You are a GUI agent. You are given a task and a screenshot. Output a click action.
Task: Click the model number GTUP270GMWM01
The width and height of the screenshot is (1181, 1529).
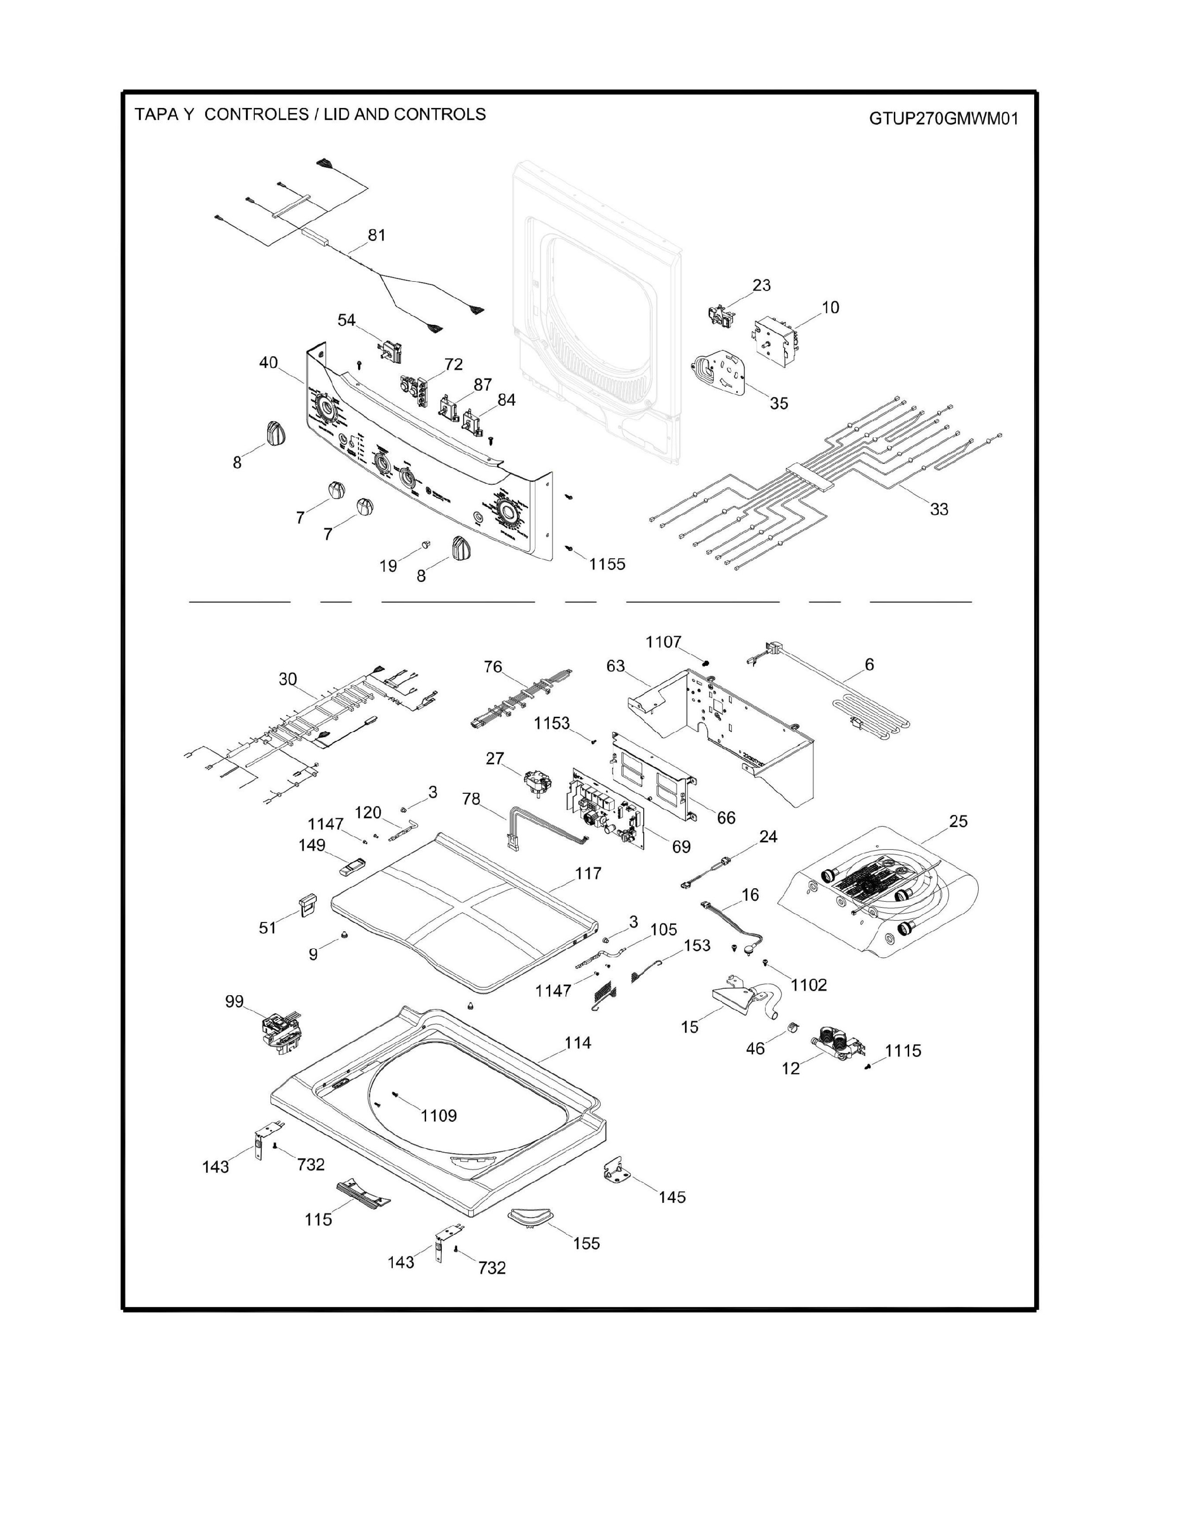coord(943,118)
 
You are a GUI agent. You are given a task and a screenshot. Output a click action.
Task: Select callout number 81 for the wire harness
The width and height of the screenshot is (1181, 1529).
coord(377,235)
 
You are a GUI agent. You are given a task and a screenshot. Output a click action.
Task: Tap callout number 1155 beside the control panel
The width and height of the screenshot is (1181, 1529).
coord(607,564)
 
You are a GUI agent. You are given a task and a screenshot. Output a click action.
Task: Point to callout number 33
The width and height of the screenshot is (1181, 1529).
coord(939,509)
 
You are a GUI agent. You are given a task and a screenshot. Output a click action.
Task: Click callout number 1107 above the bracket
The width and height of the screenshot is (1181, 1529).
coord(663,642)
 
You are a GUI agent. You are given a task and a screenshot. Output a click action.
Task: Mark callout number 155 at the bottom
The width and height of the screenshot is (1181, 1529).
coord(586,1244)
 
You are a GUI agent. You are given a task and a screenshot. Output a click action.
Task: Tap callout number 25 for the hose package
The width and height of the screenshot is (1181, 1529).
coord(958,821)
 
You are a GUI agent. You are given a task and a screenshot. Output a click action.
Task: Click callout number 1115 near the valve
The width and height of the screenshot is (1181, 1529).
coord(903,1070)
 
